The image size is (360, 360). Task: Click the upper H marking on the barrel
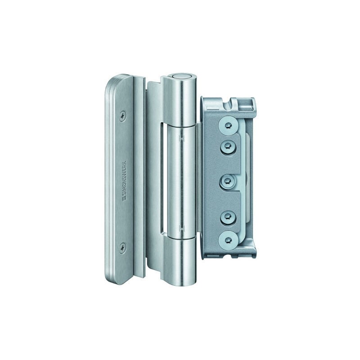tap(181, 138)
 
